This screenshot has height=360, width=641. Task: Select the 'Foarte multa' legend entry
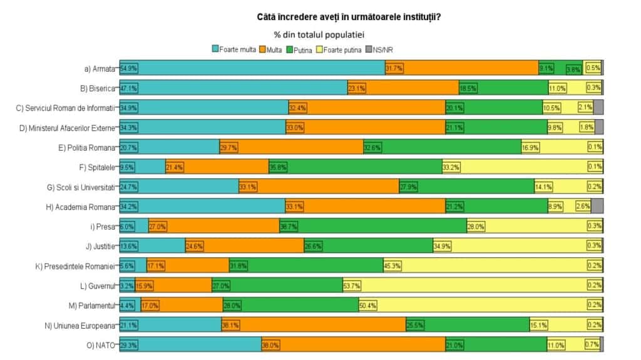(233, 49)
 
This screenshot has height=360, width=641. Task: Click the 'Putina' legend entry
(301, 49)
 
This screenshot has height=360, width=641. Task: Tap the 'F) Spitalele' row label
(96, 167)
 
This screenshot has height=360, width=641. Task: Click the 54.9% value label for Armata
(129, 69)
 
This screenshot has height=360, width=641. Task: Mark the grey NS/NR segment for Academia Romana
(597, 207)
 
